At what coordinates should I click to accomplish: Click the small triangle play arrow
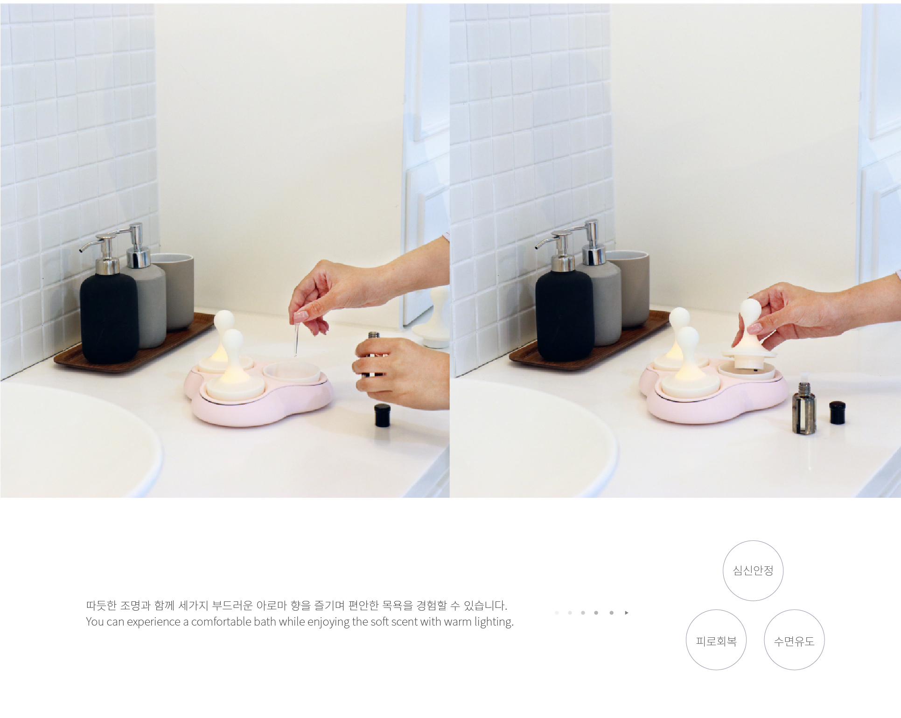627,613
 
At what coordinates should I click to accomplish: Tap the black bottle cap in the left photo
382,415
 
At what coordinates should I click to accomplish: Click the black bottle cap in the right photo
837,413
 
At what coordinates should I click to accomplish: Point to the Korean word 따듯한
101,606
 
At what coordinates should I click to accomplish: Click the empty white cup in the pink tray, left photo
292,373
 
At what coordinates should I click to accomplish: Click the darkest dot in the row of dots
611,613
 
